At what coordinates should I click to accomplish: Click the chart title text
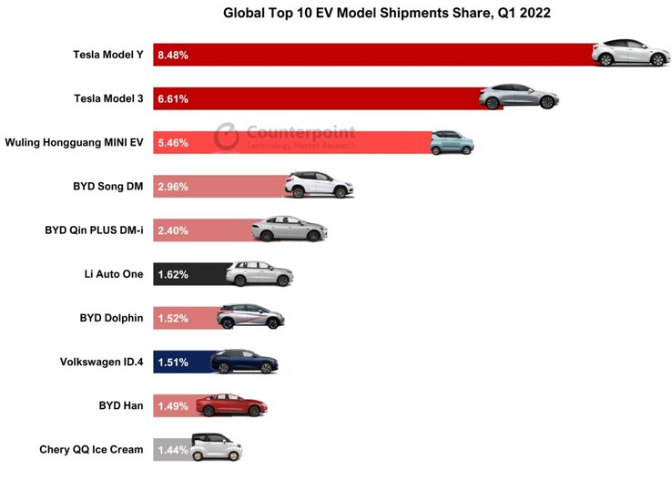[x=387, y=14]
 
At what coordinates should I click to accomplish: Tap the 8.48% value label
[x=173, y=55]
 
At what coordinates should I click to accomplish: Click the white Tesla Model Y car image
[x=624, y=53]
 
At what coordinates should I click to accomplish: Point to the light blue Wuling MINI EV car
[x=451, y=143]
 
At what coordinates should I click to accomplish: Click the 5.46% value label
[x=173, y=143]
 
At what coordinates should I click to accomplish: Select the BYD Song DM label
[x=108, y=187]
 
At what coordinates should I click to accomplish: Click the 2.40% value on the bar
[x=173, y=230]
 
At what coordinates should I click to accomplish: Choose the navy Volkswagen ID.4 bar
[x=182, y=363]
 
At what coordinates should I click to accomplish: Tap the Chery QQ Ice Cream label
[x=91, y=450]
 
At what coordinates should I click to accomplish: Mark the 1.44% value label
[x=173, y=450]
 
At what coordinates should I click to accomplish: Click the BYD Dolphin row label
[x=112, y=319]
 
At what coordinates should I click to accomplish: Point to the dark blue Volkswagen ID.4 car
[x=243, y=362]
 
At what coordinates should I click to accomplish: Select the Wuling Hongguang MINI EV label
[x=74, y=143]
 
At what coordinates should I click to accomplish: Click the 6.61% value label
[x=173, y=98]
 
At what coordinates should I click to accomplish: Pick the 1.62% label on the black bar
[x=173, y=274]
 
